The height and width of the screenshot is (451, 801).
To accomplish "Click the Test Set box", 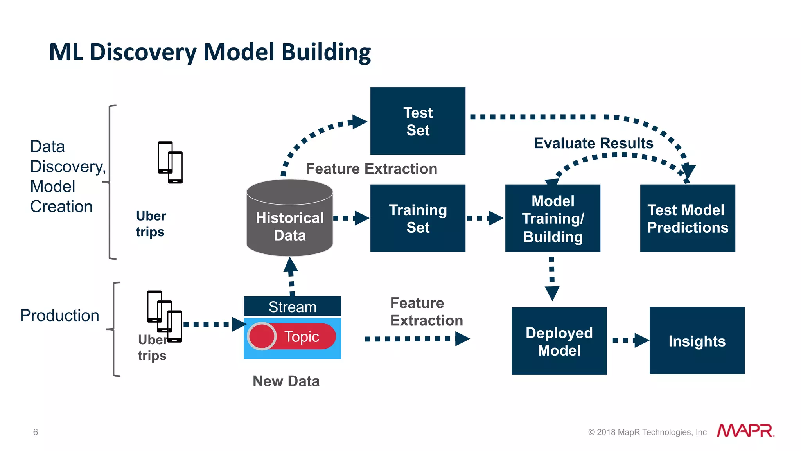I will [418, 121].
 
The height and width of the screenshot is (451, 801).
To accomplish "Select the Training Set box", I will [418, 218].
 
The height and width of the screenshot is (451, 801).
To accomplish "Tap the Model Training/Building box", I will [553, 218].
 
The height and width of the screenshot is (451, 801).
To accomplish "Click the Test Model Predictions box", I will [688, 218].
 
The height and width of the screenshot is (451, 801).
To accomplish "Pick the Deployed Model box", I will [559, 341].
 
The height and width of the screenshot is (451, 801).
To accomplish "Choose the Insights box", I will [697, 341].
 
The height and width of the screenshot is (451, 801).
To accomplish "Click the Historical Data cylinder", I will [290, 223].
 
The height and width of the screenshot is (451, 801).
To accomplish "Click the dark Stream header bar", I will [292, 307].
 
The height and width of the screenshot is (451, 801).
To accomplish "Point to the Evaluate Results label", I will [593, 143].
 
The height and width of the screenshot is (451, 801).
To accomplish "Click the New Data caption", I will [286, 381].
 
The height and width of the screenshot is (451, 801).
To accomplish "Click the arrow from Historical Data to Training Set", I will [351, 218].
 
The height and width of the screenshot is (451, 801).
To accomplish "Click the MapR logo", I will [745, 431].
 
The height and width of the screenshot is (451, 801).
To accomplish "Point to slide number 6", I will [36, 432].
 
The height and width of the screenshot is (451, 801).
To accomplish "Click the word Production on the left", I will [59, 315].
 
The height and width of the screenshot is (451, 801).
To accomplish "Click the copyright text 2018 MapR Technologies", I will [647, 432].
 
